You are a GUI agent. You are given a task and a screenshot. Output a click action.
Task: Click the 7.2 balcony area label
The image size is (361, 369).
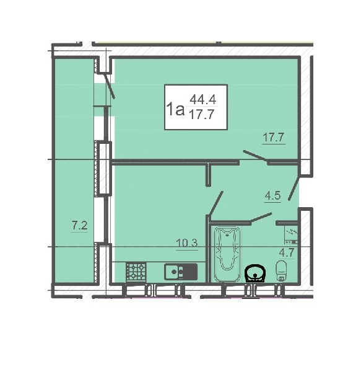pos(80,226)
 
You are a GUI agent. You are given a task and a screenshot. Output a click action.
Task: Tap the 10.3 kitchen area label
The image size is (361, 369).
pos(187,243)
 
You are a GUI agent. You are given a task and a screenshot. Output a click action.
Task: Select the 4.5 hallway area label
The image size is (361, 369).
pos(272,195)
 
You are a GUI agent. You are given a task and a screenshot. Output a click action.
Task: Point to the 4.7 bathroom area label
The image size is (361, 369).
pos(287,253)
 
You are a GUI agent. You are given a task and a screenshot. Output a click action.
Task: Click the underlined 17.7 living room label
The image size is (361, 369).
pos(274,137)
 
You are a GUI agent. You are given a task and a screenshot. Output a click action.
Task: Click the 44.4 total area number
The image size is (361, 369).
pos(203,100)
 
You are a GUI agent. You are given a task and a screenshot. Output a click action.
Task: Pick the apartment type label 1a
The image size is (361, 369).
pos(175,109)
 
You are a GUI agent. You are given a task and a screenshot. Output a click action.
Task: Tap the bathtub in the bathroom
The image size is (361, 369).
pos(227,254)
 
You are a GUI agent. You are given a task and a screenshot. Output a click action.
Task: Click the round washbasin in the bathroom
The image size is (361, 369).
pos(254,273)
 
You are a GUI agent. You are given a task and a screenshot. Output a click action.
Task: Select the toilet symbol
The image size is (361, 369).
pos(281,270)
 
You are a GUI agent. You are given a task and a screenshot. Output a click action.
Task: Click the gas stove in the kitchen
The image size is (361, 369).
pos(136,272)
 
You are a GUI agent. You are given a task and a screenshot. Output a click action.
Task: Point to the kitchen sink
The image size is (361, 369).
pos(181,272)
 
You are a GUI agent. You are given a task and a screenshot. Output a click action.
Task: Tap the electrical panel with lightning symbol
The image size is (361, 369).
pos(291,235)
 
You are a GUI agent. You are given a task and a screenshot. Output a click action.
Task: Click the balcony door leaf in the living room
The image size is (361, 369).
pos(110,86)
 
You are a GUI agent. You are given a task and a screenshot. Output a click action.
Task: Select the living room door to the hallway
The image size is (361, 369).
pos(256,156)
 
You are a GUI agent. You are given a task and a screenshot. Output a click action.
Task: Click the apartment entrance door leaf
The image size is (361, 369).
pos(294,188)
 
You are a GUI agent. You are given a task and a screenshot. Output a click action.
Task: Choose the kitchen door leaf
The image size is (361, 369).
pos(215,203)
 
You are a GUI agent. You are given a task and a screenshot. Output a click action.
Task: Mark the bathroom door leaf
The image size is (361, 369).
pos(261,217)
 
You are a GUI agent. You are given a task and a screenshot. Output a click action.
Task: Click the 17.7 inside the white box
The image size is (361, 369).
pos(202,115)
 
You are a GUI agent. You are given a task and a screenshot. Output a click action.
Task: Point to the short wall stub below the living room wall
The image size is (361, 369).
pos(208,175)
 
